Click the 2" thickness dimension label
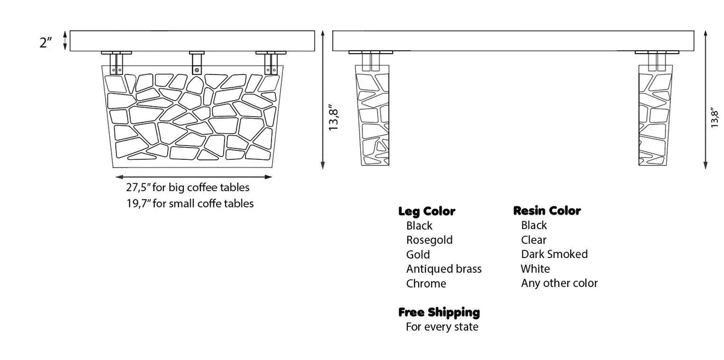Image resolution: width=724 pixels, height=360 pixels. tap(45, 42)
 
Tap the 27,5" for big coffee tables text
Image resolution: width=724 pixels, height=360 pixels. tap(188, 188)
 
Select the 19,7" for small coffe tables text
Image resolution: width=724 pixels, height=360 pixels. tap(189, 204)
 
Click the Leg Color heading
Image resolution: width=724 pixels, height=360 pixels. tap(427, 211)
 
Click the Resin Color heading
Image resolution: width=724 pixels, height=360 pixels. tap(547, 210)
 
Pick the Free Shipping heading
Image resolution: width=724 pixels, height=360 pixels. tap(439, 312)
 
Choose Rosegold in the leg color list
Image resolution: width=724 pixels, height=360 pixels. tap(429, 240)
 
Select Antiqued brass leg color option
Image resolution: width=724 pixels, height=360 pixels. tap(444, 269)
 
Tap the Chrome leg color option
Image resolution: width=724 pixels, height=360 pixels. tap(426, 284)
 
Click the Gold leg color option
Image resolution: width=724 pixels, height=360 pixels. tap(418, 254)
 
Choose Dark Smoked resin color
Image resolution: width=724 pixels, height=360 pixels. tap(554, 254)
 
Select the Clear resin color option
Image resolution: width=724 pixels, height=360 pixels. tap(533, 240)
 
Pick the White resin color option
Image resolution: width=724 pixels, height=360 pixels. tap(535, 269)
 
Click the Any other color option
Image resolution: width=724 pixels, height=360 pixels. tap(559, 283)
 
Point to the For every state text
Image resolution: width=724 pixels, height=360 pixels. tap(442, 327)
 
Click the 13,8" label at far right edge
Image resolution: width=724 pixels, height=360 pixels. tap(714, 118)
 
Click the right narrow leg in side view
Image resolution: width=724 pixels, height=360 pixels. tap(655, 115)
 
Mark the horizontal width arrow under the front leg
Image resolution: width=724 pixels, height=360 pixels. tap(194, 177)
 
